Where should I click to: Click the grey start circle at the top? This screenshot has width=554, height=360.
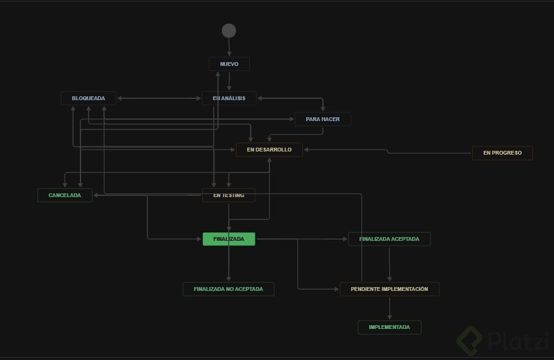point(229,30)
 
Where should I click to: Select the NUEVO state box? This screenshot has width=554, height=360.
point(229,64)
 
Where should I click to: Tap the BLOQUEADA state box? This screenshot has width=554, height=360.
point(88,98)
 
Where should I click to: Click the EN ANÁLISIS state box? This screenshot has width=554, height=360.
point(229,98)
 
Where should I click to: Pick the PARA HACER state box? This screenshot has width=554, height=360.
point(323,119)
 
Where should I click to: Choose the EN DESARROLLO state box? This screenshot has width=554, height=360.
point(269,150)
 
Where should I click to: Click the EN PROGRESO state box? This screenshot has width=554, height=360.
point(502,153)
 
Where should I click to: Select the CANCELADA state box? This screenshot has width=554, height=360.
point(65,195)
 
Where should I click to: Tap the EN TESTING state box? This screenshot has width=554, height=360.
point(229,195)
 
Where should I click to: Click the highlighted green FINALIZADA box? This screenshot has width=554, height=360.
point(229,239)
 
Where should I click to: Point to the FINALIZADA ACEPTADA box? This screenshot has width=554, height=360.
point(389,239)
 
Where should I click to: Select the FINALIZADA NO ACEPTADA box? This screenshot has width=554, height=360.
point(229,289)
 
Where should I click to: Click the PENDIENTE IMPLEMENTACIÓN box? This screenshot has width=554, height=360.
point(389,289)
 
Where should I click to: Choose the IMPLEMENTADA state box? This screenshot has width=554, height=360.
point(389,327)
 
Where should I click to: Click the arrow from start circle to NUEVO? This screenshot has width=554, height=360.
point(229,48)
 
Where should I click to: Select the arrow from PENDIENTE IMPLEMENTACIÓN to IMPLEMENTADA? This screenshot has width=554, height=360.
point(389,308)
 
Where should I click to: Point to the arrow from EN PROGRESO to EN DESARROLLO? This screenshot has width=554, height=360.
point(387,151)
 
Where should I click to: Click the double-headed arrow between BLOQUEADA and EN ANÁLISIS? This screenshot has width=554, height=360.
point(158,98)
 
